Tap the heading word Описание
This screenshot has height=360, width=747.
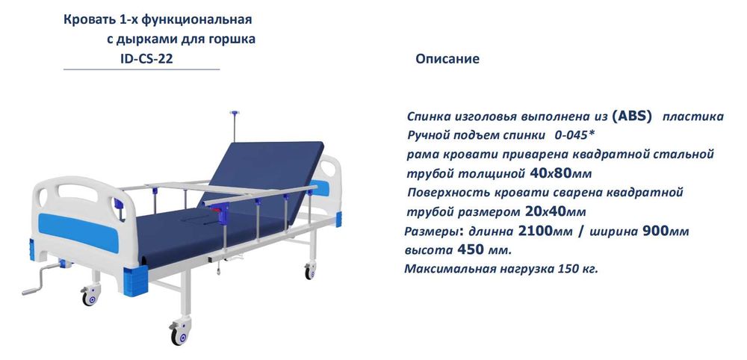tap(447, 58)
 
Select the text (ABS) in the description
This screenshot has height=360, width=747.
tap(632, 116)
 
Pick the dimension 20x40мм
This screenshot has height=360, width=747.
tap(555, 211)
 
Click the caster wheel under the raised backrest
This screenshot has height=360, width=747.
tap(309, 271)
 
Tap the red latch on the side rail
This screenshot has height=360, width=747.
tap(222, 215)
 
